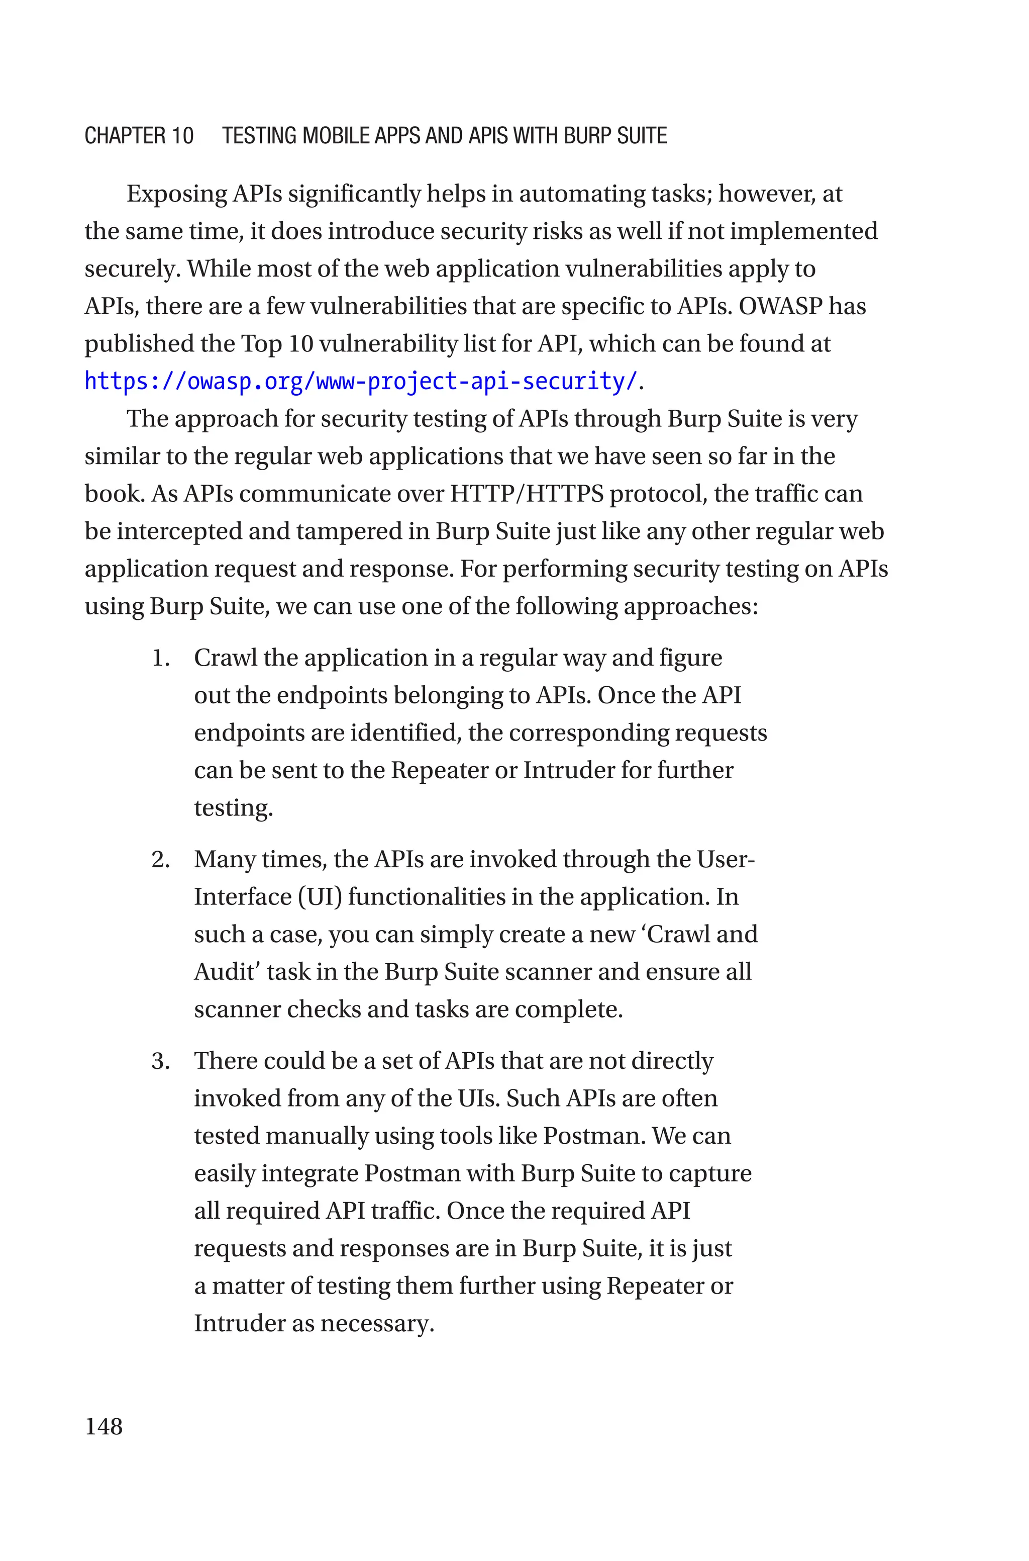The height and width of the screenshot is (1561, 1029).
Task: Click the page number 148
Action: (x=104, y=1426)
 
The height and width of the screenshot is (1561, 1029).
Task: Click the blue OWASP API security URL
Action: (x=361, y=382)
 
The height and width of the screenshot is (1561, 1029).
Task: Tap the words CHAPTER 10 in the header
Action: (x=139, y=136)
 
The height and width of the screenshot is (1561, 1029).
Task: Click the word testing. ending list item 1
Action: (x=233, y=808)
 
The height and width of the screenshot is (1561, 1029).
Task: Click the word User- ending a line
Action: (x=725, y=859)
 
